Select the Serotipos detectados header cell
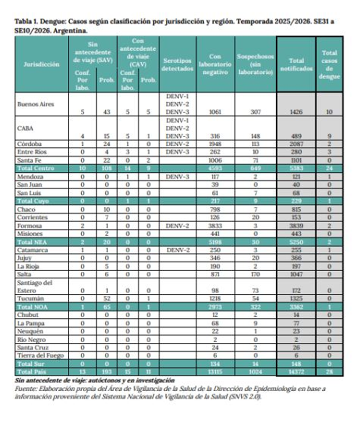point(177,64)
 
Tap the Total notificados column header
point(296,64)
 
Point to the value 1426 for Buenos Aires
point(296,112)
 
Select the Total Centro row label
point(35,168)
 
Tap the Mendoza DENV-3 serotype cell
point(177,177)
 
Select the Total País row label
point(32,370)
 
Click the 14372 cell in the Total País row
point(296,370)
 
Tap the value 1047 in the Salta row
point(296,274)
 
